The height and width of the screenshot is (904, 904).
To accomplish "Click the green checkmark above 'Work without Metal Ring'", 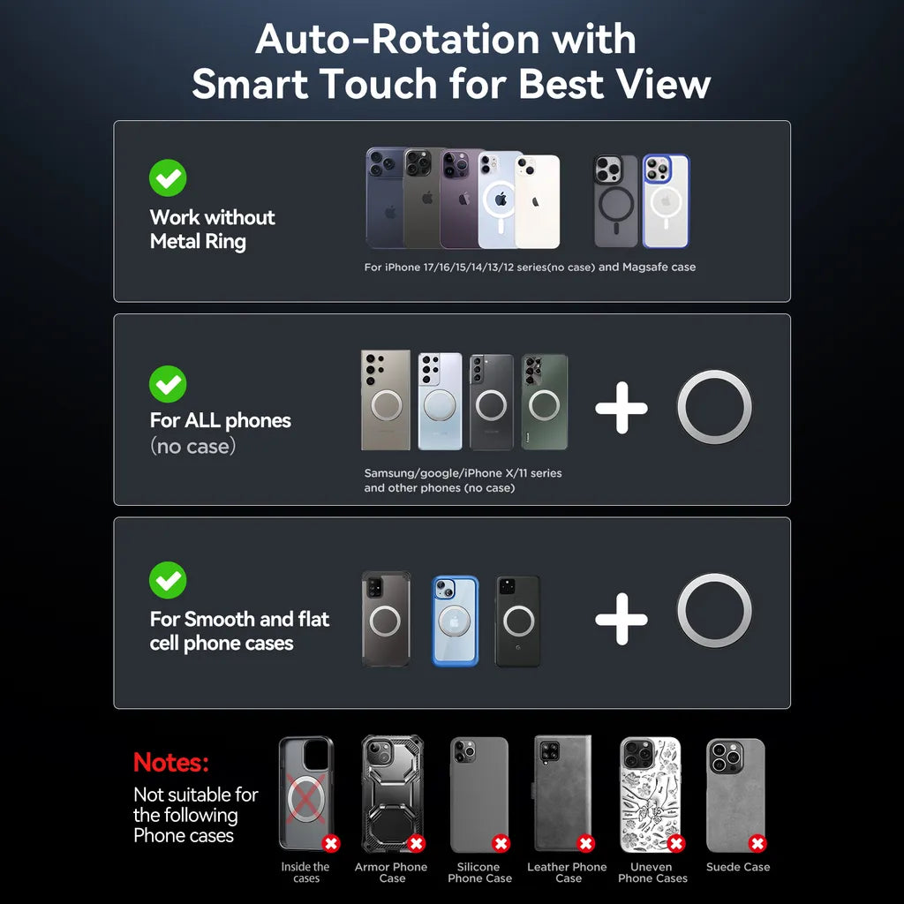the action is pos(168,177).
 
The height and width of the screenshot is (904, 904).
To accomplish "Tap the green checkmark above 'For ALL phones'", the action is pos(168,384).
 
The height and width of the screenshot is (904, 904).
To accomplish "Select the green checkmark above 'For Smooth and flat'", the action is pos(168,580).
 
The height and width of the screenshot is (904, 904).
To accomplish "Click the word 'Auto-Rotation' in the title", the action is pos(397,39).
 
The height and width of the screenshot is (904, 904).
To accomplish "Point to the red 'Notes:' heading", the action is pos(170,762).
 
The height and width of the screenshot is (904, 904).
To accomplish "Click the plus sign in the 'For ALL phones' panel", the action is pos(621,408).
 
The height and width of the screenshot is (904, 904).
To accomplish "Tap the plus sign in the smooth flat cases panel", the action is pos(621,619).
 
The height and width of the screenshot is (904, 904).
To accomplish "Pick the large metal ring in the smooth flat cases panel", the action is pos(714,575).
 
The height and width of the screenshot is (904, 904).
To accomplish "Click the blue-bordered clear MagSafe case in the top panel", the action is pos(666,201).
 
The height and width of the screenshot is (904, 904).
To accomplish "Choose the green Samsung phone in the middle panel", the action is pos(544,402).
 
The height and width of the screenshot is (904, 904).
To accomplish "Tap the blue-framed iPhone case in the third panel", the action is pos(456,621).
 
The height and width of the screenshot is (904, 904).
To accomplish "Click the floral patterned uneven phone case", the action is pos(651,795).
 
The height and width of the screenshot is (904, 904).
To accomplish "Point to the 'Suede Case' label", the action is pos(738,867).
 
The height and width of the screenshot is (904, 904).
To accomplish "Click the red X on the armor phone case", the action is pos(417,843).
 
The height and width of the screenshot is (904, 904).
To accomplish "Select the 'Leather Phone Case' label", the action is pos(568,872).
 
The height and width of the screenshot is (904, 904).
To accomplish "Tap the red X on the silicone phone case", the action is pos(501,843).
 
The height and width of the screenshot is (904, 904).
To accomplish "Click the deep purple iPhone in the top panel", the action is pos(459,199).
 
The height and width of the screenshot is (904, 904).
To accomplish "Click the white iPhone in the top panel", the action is pos(538,202).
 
